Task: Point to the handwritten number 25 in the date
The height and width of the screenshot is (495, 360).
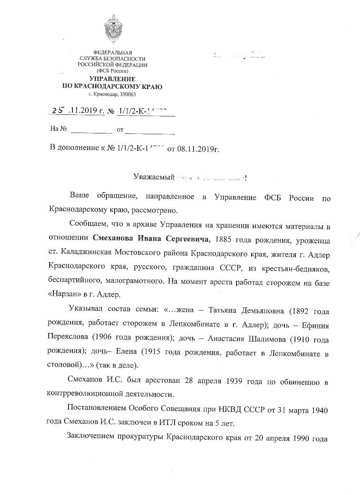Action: [59, 110]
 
